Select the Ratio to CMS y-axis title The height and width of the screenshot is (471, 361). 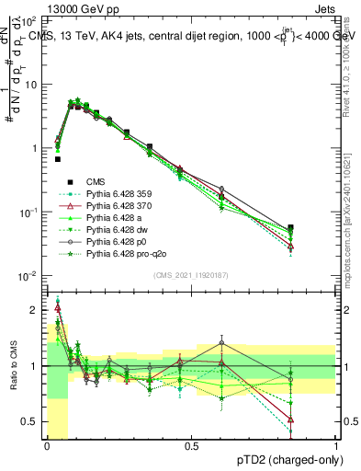pyautogui.click(x=11, y=367)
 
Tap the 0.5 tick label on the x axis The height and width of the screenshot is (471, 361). pyautogui.click(x=191, y=446)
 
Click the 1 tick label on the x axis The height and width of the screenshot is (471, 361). pyautogui.click(x=335, y=446)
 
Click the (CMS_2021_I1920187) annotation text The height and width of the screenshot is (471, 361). pyautogui.click(x=191, y=275)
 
